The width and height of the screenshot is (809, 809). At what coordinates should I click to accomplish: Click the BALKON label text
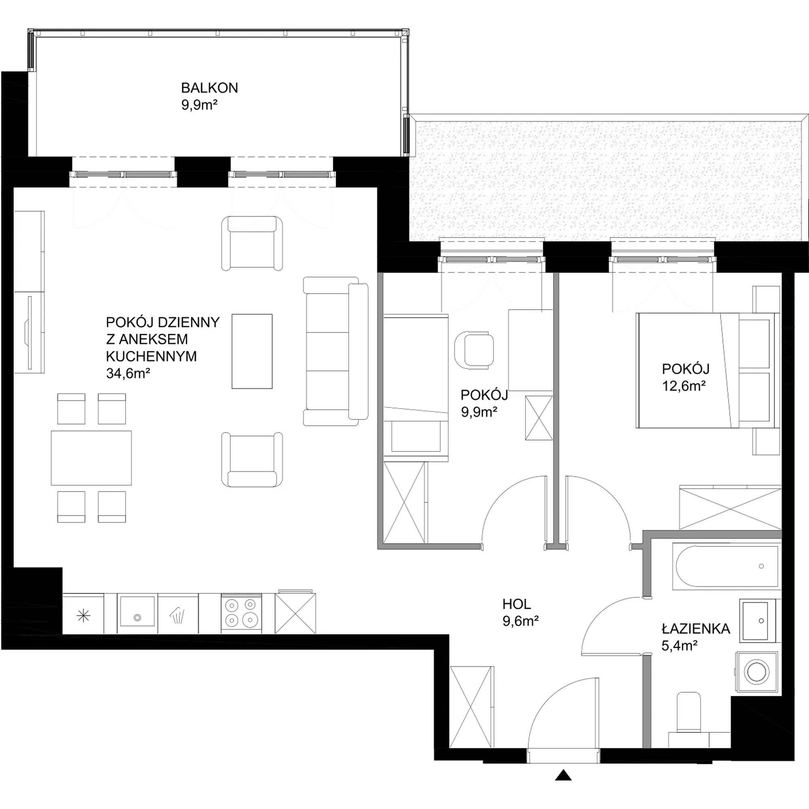pos(210,88)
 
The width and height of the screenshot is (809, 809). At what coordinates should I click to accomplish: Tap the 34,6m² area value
pos(128,373)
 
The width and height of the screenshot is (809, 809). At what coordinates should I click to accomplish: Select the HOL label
pos(517,604)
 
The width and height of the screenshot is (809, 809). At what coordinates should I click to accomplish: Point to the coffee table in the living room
pos(252,352)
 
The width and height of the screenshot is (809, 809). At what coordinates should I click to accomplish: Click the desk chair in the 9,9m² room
pos(474,350)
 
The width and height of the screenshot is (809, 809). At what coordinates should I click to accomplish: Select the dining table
pos(91,457)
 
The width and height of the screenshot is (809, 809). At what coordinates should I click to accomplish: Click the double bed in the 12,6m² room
pos(707,370)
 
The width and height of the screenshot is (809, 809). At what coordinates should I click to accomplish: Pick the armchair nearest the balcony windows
pos(252,243)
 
